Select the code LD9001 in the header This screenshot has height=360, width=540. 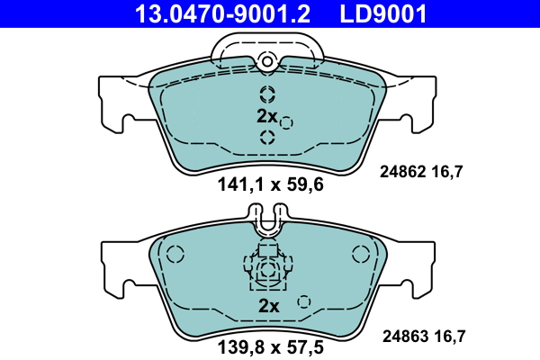pyautogui.click(x=382, y=13)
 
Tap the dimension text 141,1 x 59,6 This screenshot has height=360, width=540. pyautogui.click(x=269, y=186)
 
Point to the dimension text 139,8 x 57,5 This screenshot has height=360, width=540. pyautogui.click(x=269, y=346)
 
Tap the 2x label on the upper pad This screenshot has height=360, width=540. pyautogui.click(x=267, y=116)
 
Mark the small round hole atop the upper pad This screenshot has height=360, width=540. pyautogui.click(x=266, y=60)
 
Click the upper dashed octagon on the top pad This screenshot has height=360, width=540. pyautogui.click(x=267, y=94)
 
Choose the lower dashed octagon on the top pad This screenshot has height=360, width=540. pyautogui.click(x=267, y=137)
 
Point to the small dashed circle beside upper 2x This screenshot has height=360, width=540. pyautogui.click(x=286, y=122)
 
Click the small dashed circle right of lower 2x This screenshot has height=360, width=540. pyautogui.click(x=304, y=302)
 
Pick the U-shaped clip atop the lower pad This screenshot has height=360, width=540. pyautogui.click(x=267, y=220)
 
